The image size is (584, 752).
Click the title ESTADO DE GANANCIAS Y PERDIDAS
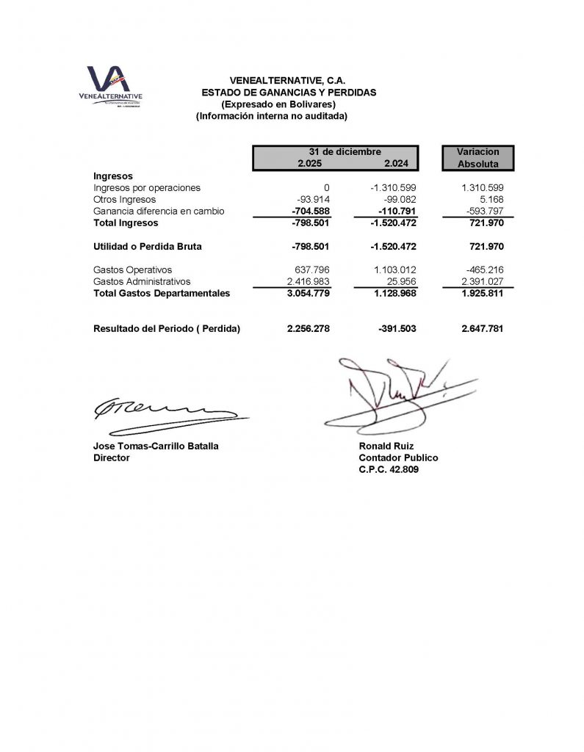289,93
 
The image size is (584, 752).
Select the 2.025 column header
309,163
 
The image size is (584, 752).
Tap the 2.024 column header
396,163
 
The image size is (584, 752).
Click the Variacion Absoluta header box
477,158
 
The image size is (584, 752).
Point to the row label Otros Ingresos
125,200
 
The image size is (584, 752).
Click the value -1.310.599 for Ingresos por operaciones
394,188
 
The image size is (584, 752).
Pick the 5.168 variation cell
490,200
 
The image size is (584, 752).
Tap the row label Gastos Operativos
133,270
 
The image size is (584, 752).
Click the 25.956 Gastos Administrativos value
401,281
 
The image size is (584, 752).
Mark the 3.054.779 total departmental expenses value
309,293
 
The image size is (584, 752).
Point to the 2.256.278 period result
309,329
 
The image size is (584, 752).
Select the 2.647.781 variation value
483,329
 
